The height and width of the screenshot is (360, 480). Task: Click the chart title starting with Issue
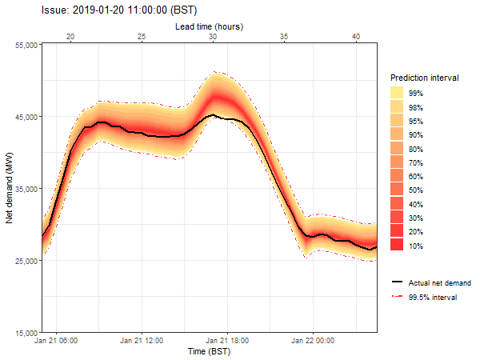pos(119,10)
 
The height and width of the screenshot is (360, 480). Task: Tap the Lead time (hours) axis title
pos(209,26)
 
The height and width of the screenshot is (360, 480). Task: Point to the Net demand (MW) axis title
pos(9,188)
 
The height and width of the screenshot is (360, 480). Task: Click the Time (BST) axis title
pos(209,351)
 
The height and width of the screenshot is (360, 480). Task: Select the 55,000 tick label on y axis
pos(26,46)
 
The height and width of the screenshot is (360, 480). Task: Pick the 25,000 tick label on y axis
pos(26,261)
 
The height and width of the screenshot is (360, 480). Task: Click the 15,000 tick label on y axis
pos(26,333)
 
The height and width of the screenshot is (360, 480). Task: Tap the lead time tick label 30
pos(213,37)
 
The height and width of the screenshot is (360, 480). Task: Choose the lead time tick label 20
pos(70,37)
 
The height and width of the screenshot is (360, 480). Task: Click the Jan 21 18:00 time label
pos(227,341)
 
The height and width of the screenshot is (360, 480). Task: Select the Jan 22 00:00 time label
pos(313,341)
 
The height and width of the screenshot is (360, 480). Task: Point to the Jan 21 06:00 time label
pos(56,341)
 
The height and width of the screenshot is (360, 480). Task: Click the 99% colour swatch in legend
pos(397,93)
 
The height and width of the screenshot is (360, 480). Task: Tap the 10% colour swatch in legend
pos(397,245)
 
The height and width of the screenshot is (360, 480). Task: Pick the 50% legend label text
pos(416,190)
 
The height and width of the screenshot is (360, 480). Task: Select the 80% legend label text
pos(416,149)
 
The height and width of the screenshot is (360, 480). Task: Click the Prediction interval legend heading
pos(425,78)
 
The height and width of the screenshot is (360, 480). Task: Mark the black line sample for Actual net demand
pos(397,282)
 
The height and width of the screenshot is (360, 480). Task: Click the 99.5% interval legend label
pos(433,298)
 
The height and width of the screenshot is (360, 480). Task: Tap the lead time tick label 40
pos(356,37)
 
